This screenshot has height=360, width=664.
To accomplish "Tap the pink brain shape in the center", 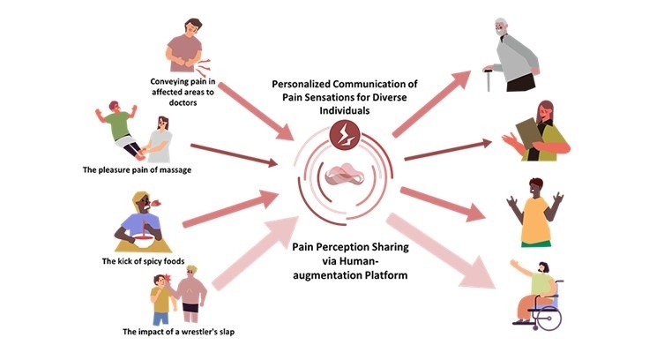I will tap(339, 177).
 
